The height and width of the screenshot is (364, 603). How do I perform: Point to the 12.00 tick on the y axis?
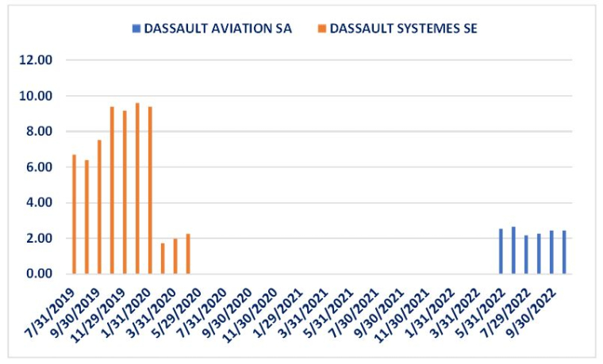pos(36,60)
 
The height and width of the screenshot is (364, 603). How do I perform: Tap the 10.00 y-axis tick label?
pos(36,96)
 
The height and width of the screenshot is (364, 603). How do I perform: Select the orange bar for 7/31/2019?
pos(74,214)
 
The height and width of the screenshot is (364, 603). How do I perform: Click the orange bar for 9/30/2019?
pos(99,207)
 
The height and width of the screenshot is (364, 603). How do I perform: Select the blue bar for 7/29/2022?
pos(526,255)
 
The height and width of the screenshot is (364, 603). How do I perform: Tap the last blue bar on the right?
pos(564,252)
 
